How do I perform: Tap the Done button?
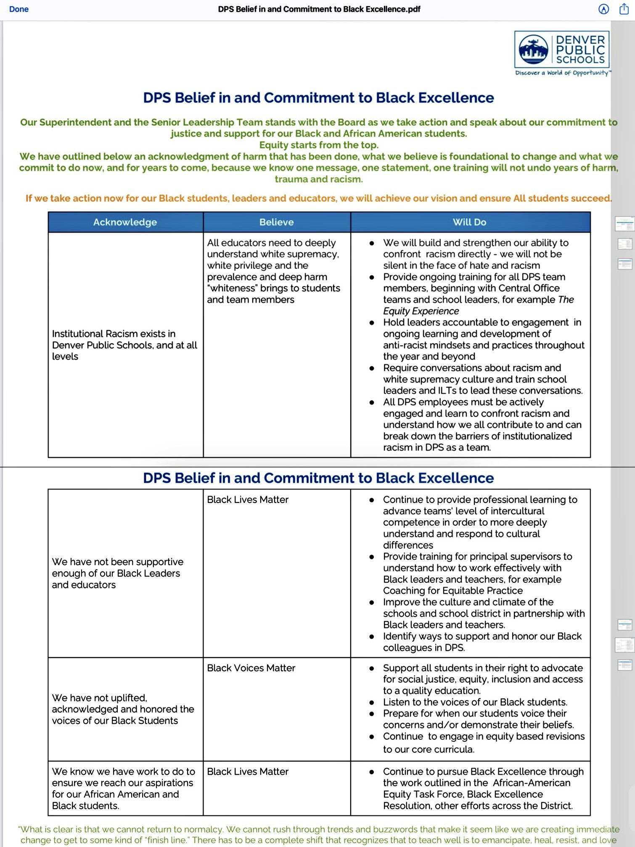coord(19,9)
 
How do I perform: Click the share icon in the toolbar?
coord(624,9)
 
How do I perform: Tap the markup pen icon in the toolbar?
coord(603,9)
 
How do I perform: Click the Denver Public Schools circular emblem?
coord(533,49)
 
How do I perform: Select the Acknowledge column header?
coord(125,222)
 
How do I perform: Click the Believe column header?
coord(276,222)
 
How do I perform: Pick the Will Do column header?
coord(469,222)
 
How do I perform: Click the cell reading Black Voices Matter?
coord(251,668)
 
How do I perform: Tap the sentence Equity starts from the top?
coord(319,145)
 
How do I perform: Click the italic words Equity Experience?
coord(421,311)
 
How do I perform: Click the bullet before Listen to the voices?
coord(372,702)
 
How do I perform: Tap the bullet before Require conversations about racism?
coord(372,368)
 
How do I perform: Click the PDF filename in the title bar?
coord(319,9)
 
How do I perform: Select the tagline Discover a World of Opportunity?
coord(562,73)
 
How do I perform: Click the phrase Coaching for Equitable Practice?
coord(453,591)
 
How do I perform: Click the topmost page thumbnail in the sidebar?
coord(624,224)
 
